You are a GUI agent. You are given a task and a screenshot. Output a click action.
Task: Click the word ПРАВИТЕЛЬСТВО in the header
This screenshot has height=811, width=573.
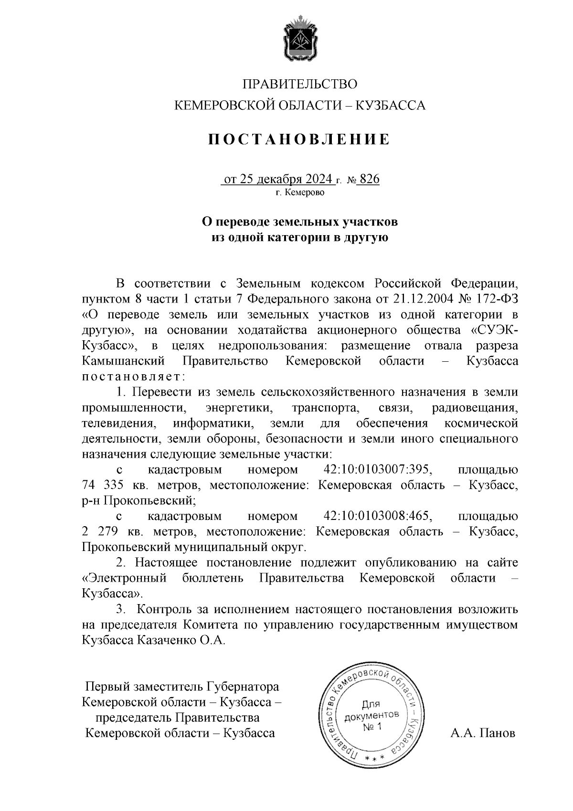pyautogui.click(x=300, y=85)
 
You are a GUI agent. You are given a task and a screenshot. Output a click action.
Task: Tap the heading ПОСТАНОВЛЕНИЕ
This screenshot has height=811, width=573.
pyautogui.click(x=299, y=140)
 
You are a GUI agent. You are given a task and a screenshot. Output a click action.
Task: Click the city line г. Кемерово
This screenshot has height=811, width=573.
pyautogui.click(x=300, y=193)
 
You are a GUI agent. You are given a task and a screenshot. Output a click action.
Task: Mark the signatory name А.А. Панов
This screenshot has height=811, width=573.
pyautogui.click(x=483, y=733)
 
